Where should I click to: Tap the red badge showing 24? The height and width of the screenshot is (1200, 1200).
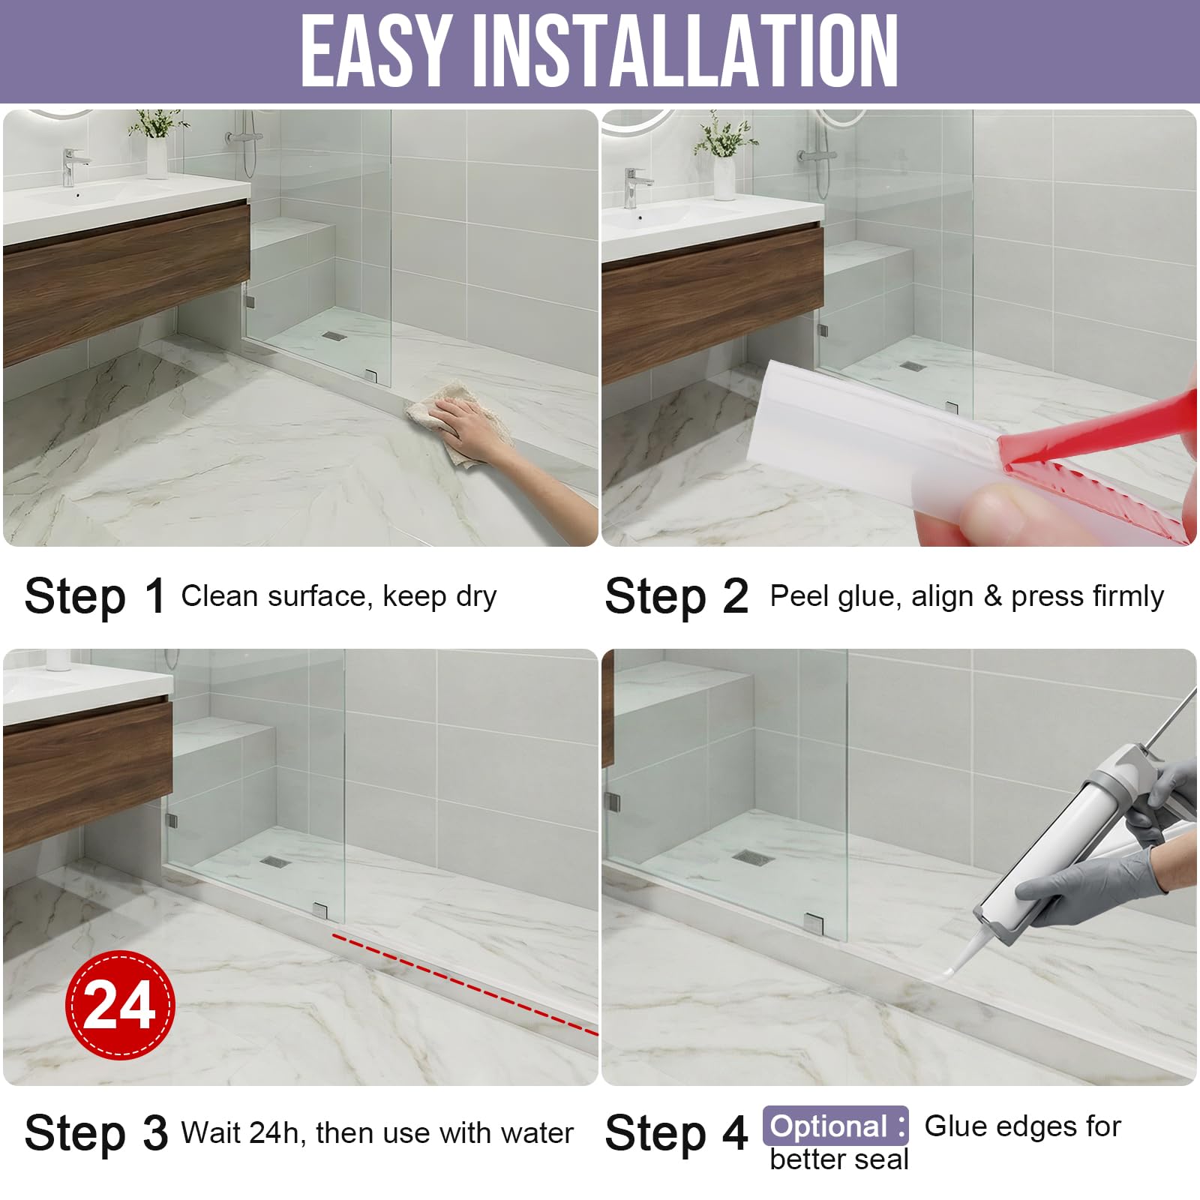pos(120,1004)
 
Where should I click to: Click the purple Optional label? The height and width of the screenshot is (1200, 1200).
pos(835,1126)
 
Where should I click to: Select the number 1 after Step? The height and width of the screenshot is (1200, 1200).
pos(155,596)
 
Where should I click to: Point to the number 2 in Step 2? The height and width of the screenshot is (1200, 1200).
pos(735,596)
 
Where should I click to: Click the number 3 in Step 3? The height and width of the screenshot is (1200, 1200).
pos(155,1132)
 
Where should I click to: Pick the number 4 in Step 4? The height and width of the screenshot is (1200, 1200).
pos(735,1132)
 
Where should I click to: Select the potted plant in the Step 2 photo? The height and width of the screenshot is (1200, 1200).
pos(724,154)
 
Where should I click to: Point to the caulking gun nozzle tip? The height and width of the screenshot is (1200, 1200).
pos(946,973)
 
